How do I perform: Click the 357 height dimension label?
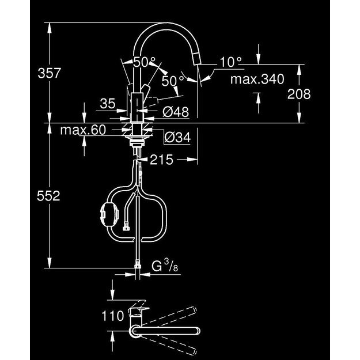tap(49, 73)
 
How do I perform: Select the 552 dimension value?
tap(48, 196)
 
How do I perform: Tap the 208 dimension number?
tap(299, 94)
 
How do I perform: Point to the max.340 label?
tap(257, 79)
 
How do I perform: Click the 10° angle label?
tap(230, 62)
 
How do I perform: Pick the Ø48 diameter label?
tap(176, 112)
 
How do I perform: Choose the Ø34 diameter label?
tap(177, 138)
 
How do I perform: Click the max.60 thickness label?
tap(83, 130)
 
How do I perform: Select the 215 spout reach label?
tap(161, 160)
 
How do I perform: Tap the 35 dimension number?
tap(108, 104)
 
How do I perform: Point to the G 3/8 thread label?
tap(165, 266)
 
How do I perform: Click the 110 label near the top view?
tap(113, 316)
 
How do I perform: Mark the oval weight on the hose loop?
tap(109, 214)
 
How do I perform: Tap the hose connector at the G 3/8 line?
tap(137, 264)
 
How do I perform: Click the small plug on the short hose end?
tap(126, 226)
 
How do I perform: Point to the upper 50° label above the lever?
tap(144, 62)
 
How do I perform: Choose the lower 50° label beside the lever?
tap(173, 81)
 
